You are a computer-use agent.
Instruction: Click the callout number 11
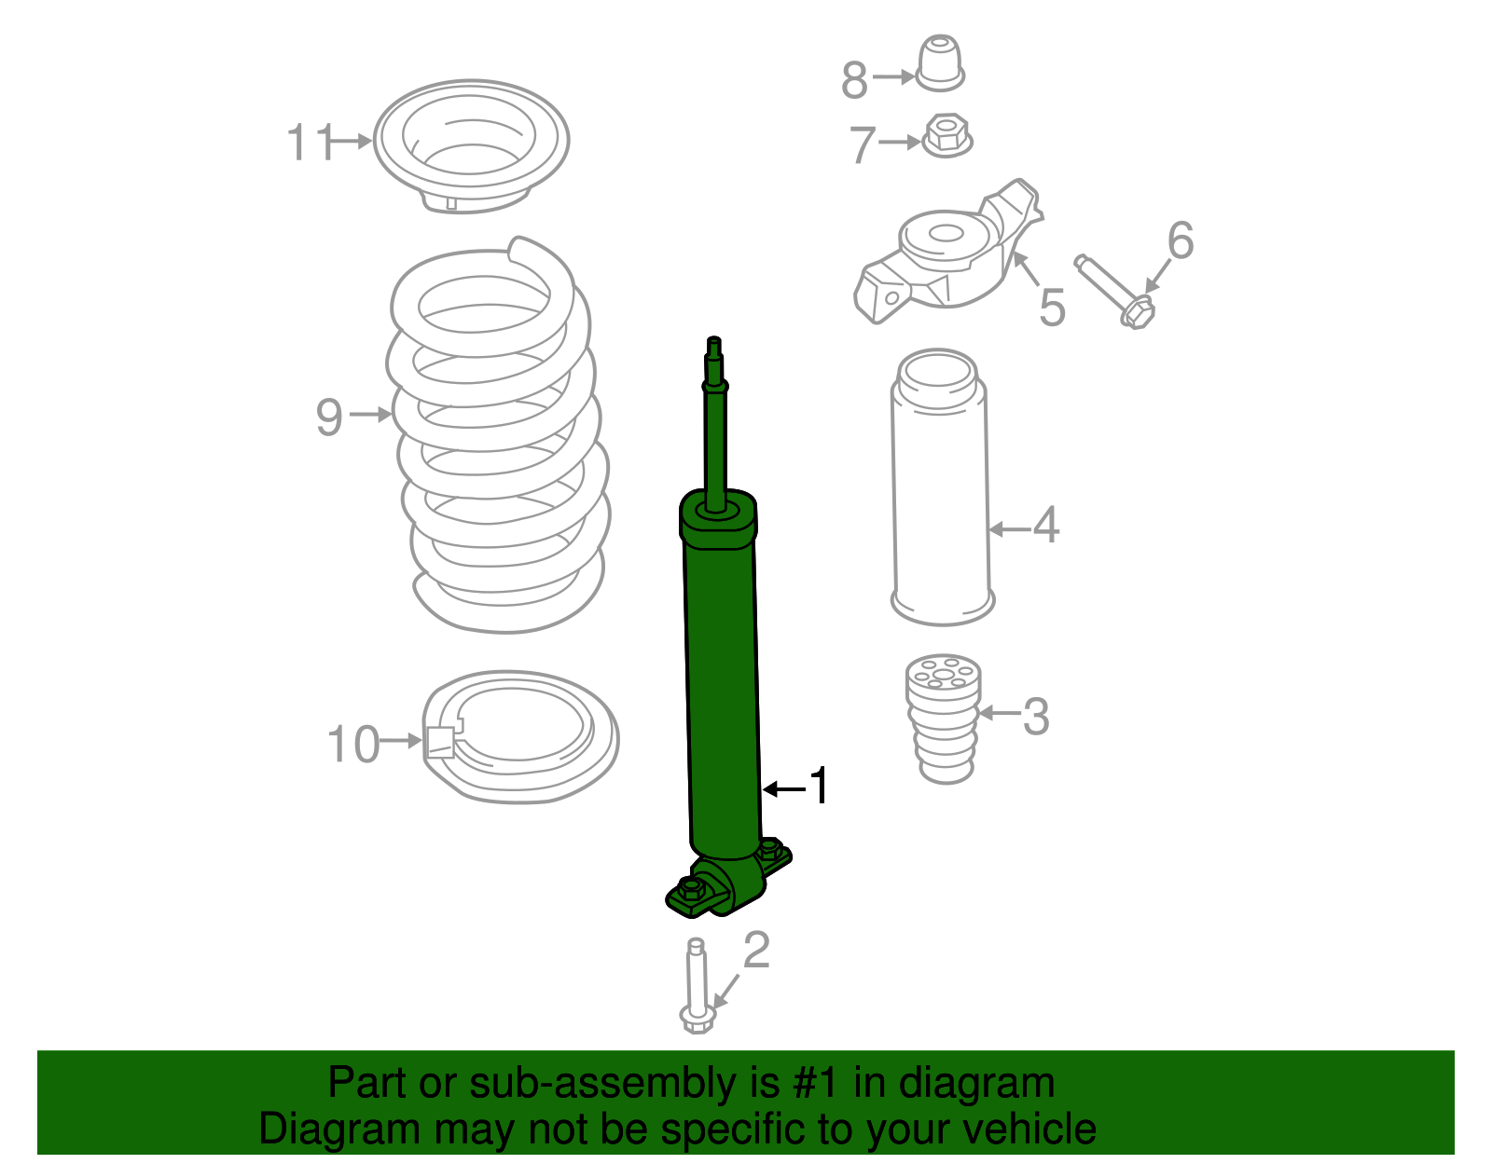309,143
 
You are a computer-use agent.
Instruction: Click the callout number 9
329,417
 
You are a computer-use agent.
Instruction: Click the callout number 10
353,745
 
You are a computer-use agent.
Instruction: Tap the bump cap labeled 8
940,63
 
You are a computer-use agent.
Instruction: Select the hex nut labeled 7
947,136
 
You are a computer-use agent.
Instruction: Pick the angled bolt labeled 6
1114,291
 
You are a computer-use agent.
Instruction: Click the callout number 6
1180,240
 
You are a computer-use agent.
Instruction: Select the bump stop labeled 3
944,718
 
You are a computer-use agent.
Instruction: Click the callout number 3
1036,717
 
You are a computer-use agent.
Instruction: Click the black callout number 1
818,787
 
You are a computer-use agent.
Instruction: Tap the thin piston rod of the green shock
715,429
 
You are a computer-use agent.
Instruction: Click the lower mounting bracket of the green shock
727,885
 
